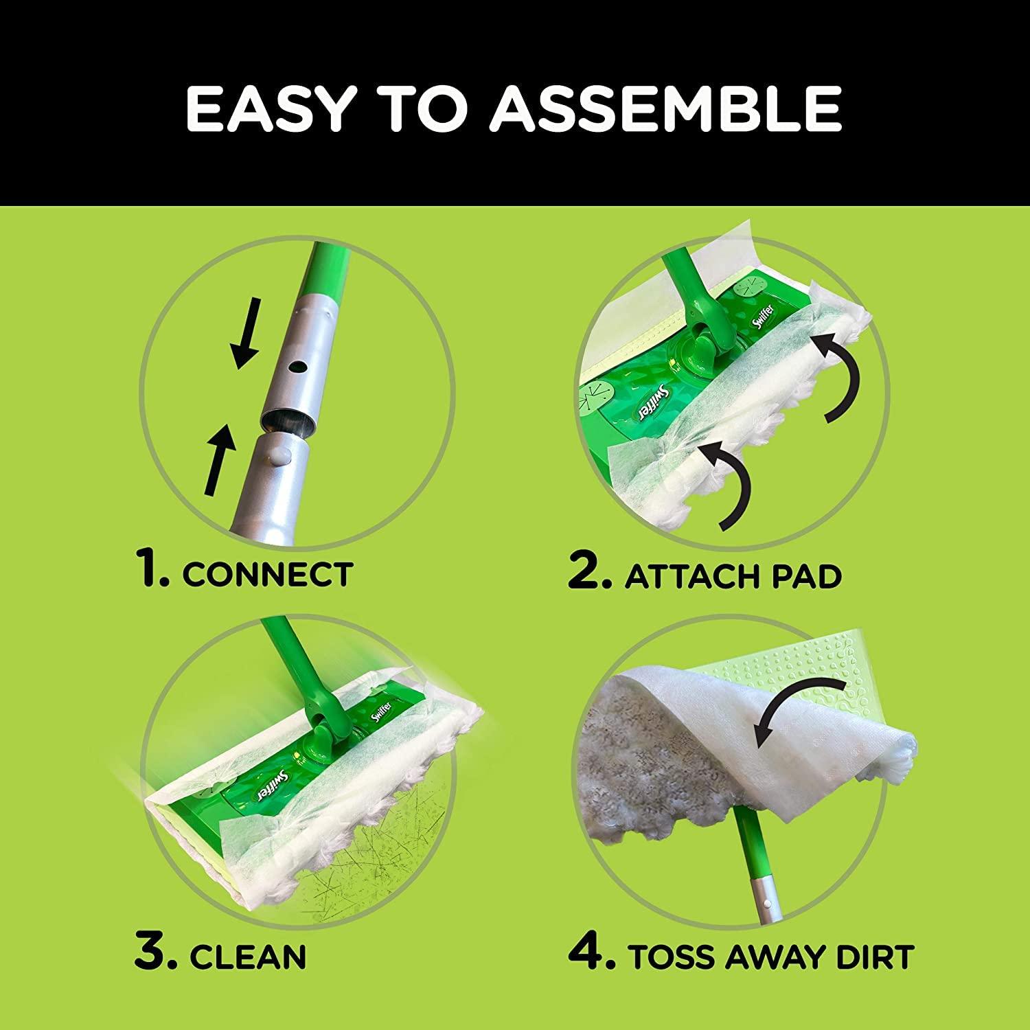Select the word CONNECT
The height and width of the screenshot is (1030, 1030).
click(268, 574)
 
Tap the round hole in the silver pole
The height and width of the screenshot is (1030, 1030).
click(297, 368)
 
